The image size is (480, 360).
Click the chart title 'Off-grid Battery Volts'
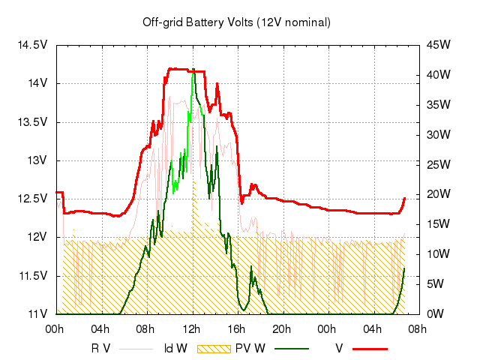coord(236,22)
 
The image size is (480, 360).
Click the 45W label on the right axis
coord(439,44)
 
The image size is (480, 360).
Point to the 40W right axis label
coord(439,75)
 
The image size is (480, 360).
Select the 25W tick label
coord(439,164)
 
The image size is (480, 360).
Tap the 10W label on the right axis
coord(439,254)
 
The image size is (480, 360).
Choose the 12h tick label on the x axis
coord(192,328)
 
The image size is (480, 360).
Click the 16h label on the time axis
coord(237,328)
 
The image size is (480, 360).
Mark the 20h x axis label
coord(282,328)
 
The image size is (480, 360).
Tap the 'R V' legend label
coord(101,348)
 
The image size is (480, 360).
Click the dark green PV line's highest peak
coord(193,70)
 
